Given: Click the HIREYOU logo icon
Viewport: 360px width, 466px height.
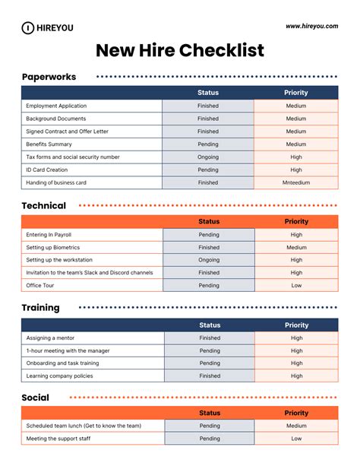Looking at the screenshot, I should pos(28,27).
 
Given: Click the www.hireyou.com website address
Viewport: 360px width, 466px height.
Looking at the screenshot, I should pos(311,26).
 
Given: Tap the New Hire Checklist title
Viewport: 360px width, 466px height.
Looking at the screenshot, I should pos(180,51).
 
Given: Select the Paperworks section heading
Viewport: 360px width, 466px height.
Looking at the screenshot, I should pos(49,77).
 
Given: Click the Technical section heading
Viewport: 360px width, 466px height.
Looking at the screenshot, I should pos(44,205).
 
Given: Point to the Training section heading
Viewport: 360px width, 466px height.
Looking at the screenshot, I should pos(41,308).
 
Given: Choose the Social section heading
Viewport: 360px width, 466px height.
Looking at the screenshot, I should pos(36,398).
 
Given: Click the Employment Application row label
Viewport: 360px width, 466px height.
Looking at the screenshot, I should pos(56,106).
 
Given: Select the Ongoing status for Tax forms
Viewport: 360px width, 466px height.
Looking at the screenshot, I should pos(208,157).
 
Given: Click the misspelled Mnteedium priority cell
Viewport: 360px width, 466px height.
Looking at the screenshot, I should pos(296,182).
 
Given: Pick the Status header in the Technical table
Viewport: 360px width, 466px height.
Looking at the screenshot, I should pos(208,221).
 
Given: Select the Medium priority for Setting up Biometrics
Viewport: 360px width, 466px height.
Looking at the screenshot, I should pos(296,247).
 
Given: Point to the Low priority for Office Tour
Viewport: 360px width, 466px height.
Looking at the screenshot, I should pos(296,286).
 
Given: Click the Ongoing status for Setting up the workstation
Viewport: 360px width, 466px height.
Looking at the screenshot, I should pos(208,260).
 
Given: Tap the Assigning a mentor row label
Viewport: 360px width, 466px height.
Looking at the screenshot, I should pos(50,338).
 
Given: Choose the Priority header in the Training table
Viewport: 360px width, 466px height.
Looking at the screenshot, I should pos(296,325).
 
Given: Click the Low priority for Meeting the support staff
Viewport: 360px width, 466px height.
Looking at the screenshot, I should pos(296,439).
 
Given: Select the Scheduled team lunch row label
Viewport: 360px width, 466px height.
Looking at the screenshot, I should pos(84,426).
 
